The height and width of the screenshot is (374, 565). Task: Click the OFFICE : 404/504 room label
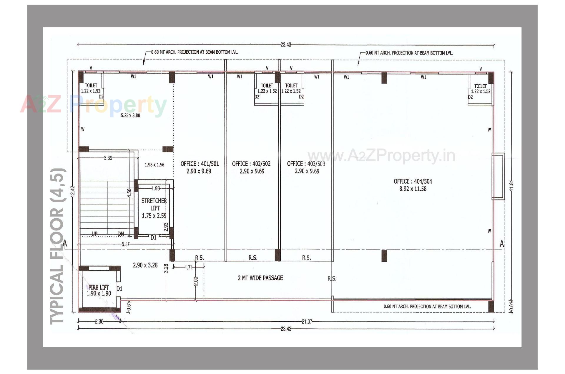coord(413,182)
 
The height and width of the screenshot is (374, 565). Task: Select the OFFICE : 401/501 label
coord(199,164)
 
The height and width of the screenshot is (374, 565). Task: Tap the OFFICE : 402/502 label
coord(251,164)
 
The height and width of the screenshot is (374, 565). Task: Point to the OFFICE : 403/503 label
coord(306,164)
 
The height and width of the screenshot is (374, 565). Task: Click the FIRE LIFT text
coord(99,287)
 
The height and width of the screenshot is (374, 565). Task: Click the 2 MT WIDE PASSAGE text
coord(260,278)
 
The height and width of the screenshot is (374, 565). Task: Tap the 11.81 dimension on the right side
coord(511,185)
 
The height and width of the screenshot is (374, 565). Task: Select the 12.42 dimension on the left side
coord(73,191)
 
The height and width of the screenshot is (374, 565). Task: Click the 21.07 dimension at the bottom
coord(307,322)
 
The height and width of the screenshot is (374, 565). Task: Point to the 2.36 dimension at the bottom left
coord(99,322)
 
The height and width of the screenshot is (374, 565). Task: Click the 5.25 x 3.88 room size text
coord(130,116)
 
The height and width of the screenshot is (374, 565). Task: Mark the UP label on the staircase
coord(94,234)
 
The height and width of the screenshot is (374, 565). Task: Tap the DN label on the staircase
coord(121,234)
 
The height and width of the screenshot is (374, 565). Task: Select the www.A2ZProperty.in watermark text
coord(381,156)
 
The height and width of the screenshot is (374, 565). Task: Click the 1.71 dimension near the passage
coord(188,267)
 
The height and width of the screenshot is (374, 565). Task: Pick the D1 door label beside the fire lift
coord(119,289)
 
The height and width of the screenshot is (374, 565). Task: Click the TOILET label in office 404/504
coord(480,86)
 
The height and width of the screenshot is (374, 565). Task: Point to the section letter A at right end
coord(502,244)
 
